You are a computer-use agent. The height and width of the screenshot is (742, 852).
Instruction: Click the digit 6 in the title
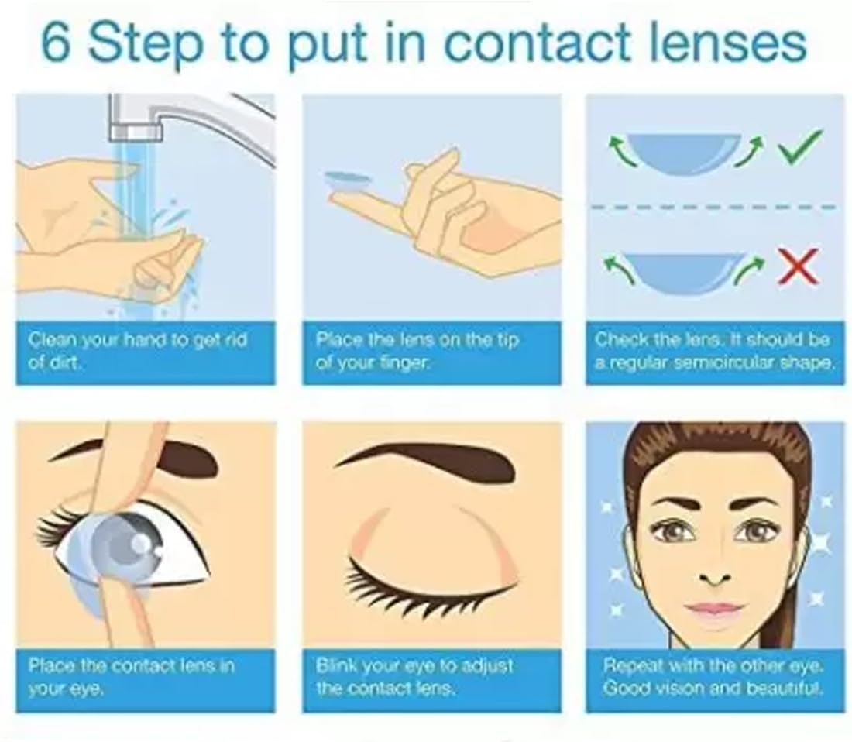(x=56, y=42)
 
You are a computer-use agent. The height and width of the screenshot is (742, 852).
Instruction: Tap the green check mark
(x=799, y=148)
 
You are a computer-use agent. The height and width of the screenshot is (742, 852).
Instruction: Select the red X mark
(x=798, y=266)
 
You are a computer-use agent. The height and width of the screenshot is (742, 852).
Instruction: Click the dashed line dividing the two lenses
(x=713, y=207)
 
